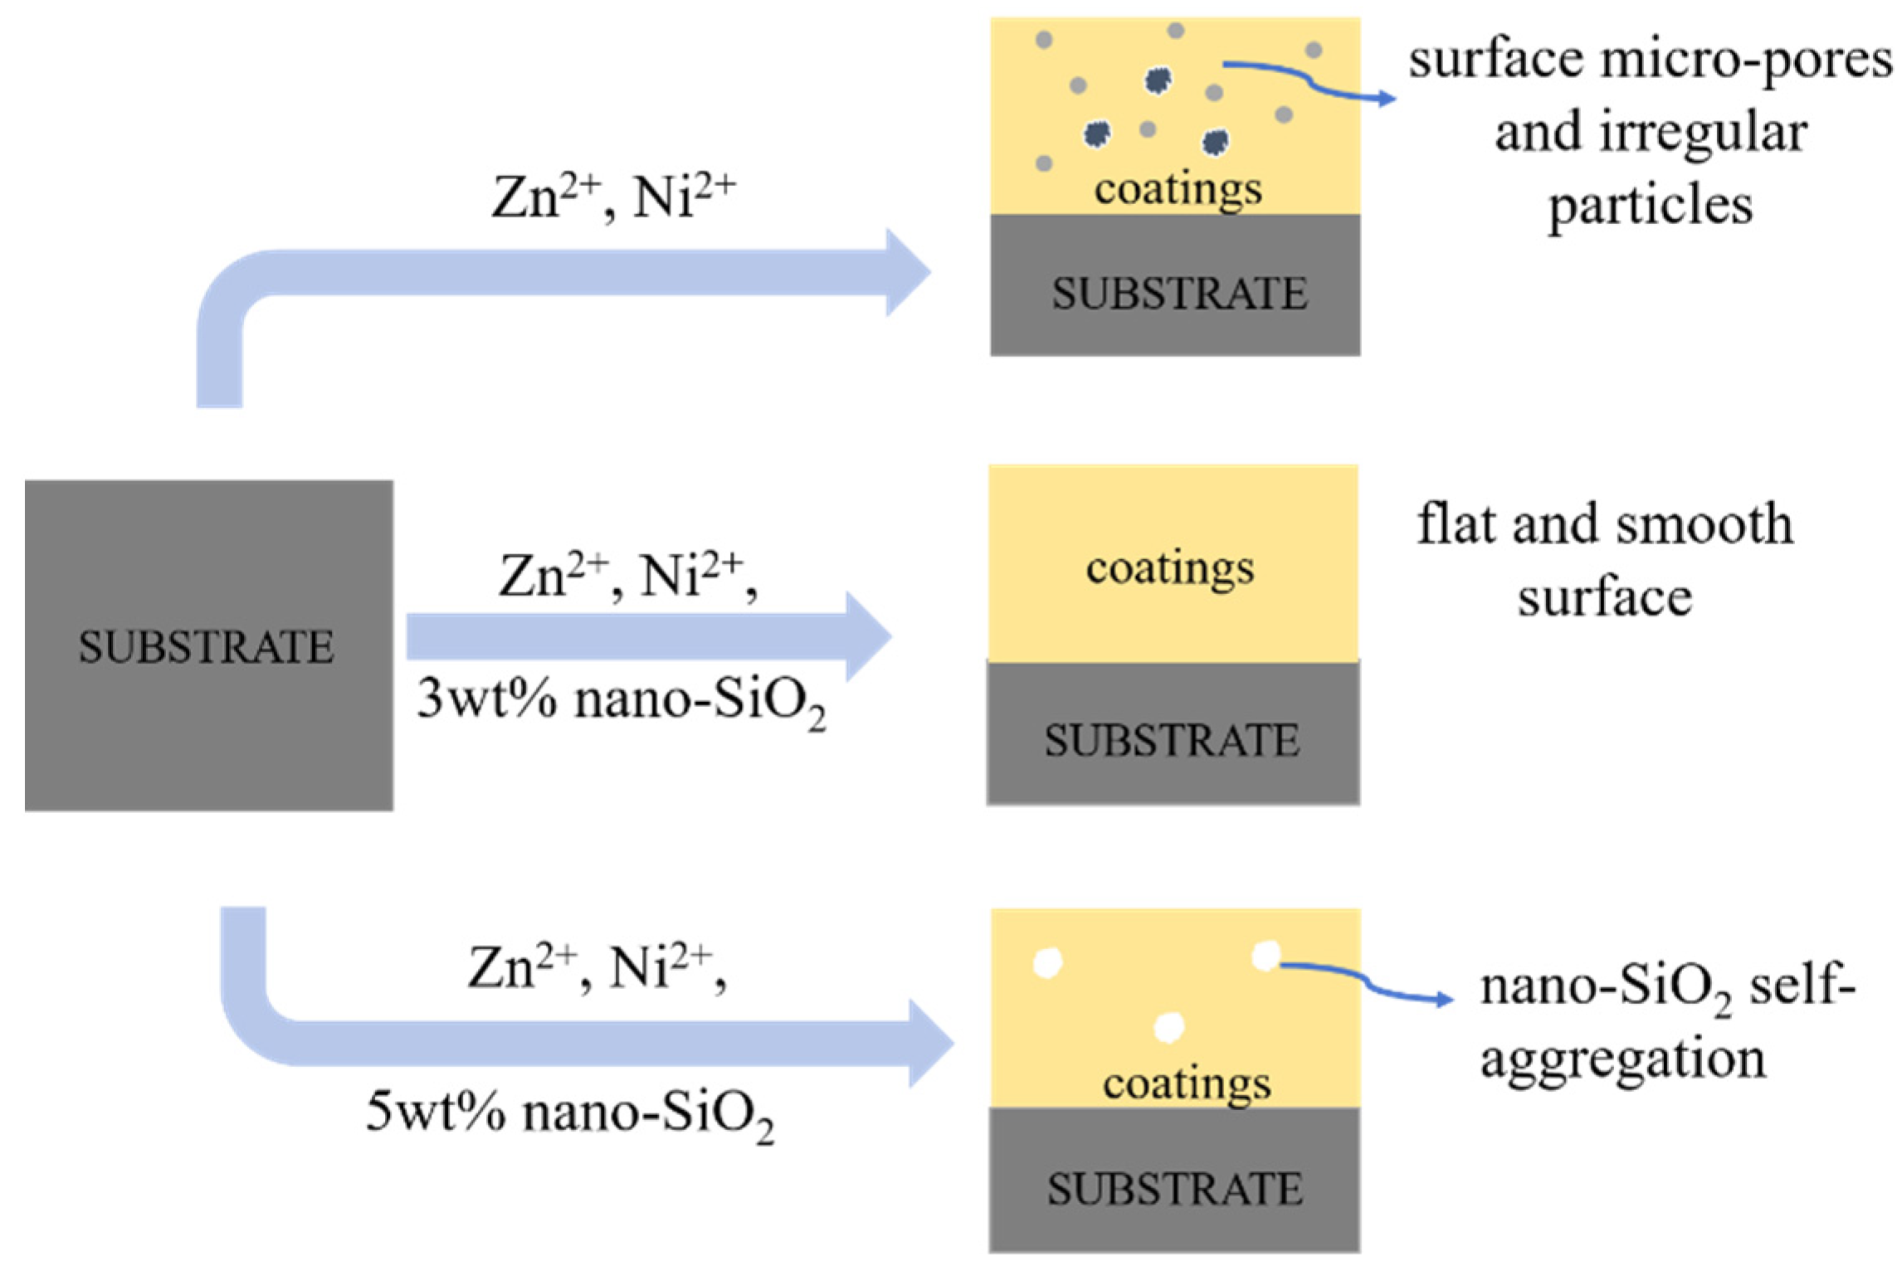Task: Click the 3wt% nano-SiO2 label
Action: [621, 701]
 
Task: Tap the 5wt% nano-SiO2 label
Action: [570, 1113]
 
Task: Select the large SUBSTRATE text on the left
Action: [206, 647]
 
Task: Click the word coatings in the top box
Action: [1178, 189]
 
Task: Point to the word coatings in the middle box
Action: [1170, 569]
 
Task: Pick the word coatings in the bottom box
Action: [1187, 1084]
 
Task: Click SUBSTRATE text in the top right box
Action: [1179, 294]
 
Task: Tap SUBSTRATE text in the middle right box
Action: [1172, 740]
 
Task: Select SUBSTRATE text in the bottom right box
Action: [1174, 1189]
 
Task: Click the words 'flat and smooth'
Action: [1604, 524]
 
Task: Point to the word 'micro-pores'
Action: [1747, 61]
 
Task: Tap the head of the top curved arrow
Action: [909, 272]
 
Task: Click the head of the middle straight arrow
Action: [870, 636]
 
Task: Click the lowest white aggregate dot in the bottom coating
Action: [1168, 1027]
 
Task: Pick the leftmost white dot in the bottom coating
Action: [1047, 963]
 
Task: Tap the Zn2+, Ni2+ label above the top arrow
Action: [613, 197]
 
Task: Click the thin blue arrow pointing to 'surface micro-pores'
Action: [1311, 81]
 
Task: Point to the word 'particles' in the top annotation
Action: [1651, 205]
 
